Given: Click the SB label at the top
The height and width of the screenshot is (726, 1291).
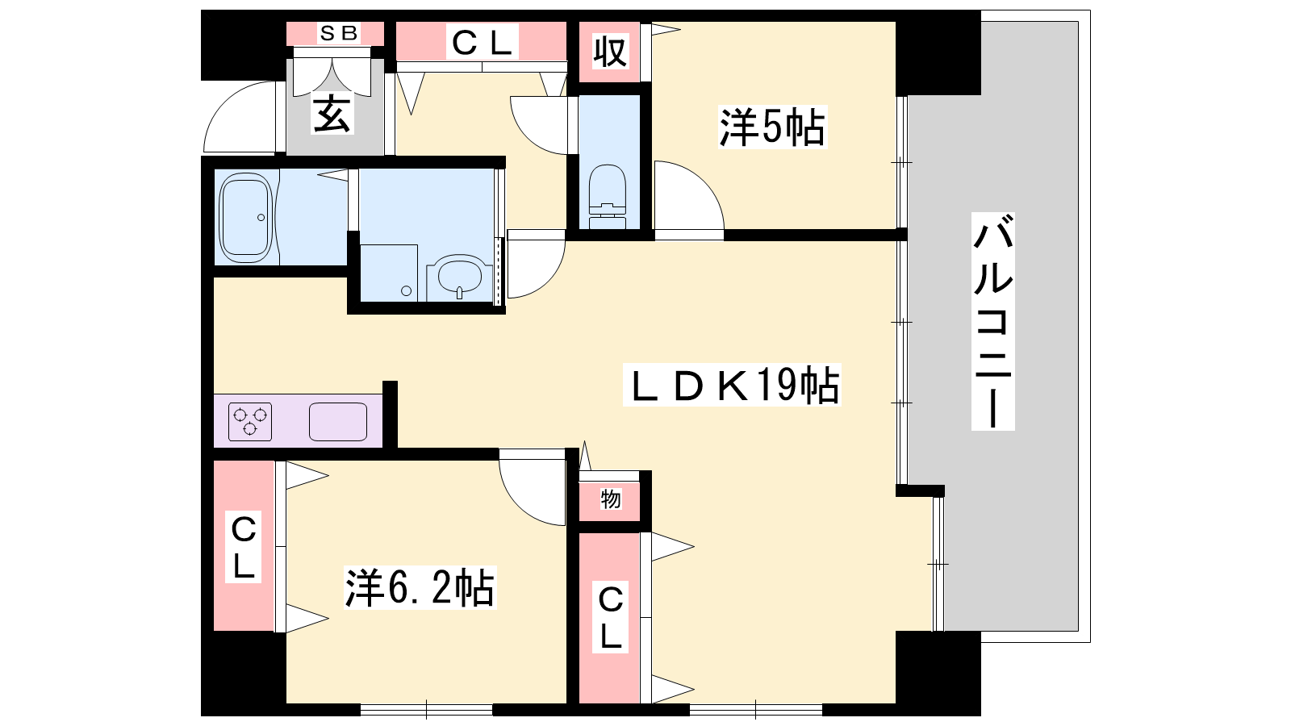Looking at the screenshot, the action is point(339,33).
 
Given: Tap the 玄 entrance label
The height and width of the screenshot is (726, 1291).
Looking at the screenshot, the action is point(332,113).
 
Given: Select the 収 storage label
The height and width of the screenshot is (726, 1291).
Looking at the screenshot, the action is point(610,52).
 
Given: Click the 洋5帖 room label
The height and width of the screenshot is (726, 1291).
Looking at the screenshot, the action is point(772,127).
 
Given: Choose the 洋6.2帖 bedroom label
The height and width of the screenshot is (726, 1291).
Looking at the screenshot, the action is point(420,588).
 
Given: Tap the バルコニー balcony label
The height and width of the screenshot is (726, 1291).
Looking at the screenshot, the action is point(993,321).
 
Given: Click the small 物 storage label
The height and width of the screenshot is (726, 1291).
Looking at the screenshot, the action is point(610,499).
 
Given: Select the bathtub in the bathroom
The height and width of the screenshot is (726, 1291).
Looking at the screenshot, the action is point(246,217).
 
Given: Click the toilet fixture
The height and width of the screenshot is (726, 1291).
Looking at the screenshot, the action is point(608,197).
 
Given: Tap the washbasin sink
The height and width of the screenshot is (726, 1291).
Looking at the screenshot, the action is point(459,277).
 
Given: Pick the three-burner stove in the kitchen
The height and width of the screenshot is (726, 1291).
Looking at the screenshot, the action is point(250,422).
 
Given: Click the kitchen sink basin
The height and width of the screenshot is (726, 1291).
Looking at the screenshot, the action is point(338,422).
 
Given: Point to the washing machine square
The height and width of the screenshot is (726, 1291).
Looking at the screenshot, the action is point(388,273).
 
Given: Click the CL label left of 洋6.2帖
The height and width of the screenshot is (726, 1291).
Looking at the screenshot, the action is point(243,545).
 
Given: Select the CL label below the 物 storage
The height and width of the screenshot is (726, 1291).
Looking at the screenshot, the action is point(610,617).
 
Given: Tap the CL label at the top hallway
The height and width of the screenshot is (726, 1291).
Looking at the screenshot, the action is point(482,42).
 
